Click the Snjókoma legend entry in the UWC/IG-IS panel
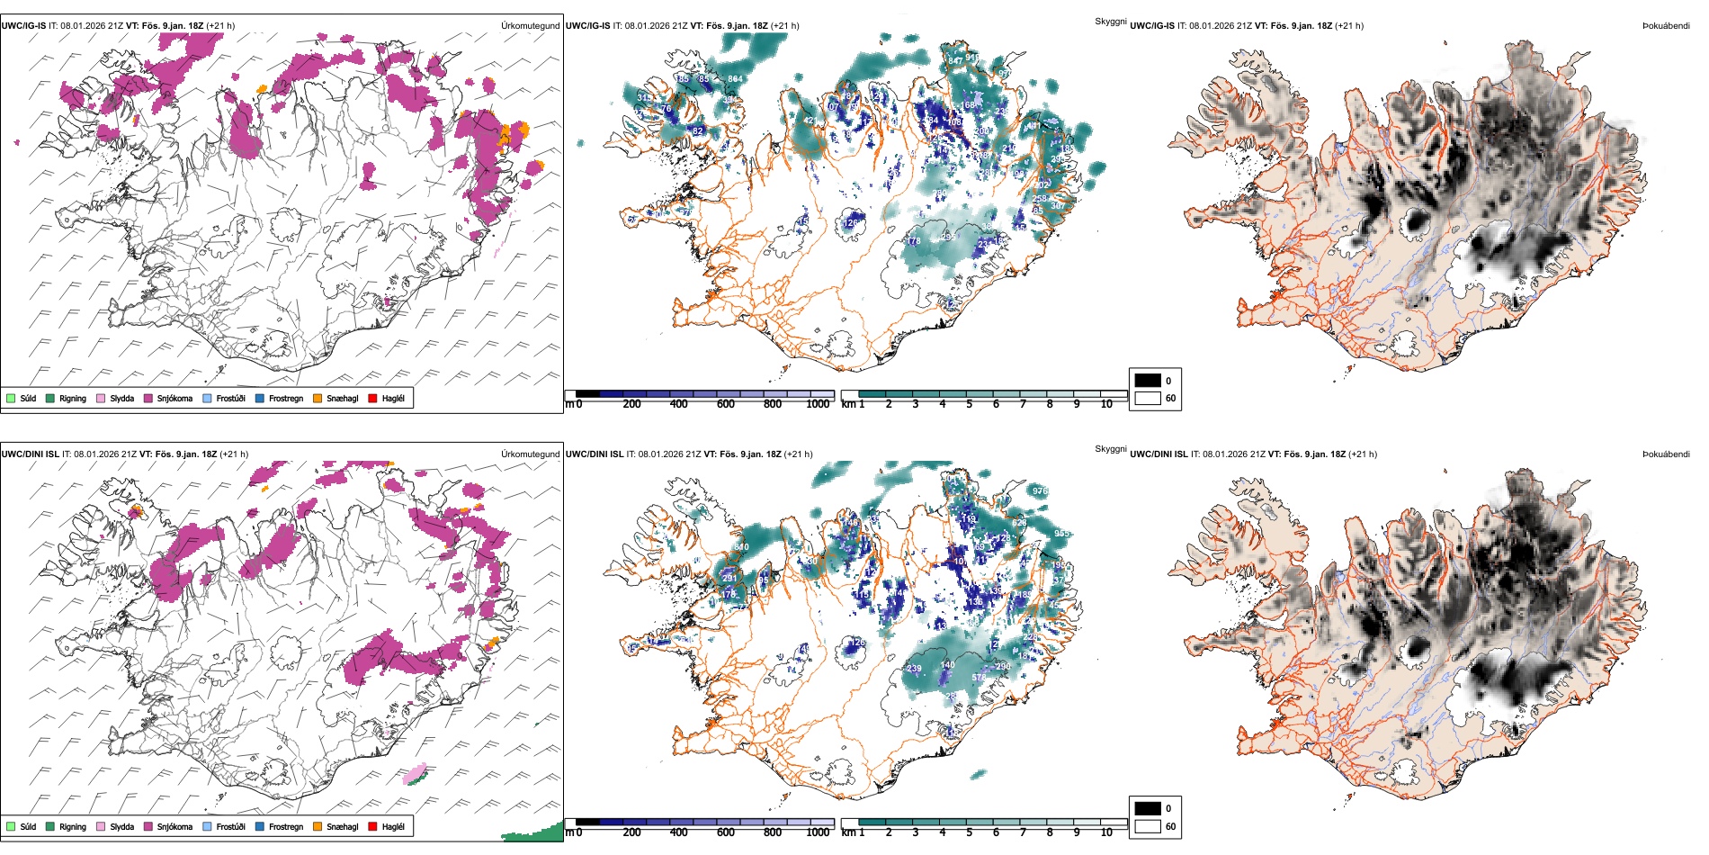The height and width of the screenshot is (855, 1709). (x=174, y=398)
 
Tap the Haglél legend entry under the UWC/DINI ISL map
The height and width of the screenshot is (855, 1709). (x=392, y=826)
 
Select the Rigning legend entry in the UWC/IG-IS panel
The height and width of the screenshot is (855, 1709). (x=72, y=398)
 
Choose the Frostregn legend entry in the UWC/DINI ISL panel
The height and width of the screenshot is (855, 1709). (x=285, y=826)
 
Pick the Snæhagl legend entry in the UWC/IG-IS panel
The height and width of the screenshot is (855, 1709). (x=342, y=398)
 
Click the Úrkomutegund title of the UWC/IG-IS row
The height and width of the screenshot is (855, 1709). (x=530, y=26)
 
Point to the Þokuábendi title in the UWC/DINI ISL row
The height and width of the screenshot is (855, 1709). (x=1666, y=454)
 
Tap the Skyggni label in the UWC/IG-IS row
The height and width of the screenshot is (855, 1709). (x=1110, y=21)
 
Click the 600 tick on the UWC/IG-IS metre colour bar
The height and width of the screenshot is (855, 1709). (x=725, y=404)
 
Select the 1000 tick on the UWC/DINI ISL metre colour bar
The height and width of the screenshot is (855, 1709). (x=818, y=832)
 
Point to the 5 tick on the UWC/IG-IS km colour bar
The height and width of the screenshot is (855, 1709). (x=969, y=404)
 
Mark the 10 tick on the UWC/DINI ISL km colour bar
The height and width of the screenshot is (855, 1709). (x=1106, y=832)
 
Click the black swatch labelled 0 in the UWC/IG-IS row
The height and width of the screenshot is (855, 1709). (x=1148, y=381)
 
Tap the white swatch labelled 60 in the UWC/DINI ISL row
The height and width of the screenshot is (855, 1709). (x=1148, y=826)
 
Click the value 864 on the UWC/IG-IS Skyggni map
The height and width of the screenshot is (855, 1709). (x=735, y=79)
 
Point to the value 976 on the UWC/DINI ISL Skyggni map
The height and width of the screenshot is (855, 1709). (x=1040, y=491)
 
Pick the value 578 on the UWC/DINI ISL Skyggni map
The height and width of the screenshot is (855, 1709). (x=978, y=678)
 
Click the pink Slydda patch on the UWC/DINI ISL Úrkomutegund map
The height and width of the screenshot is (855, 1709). (x=414, y=772)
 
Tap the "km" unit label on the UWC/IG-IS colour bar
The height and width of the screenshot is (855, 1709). (x=848, y=404)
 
